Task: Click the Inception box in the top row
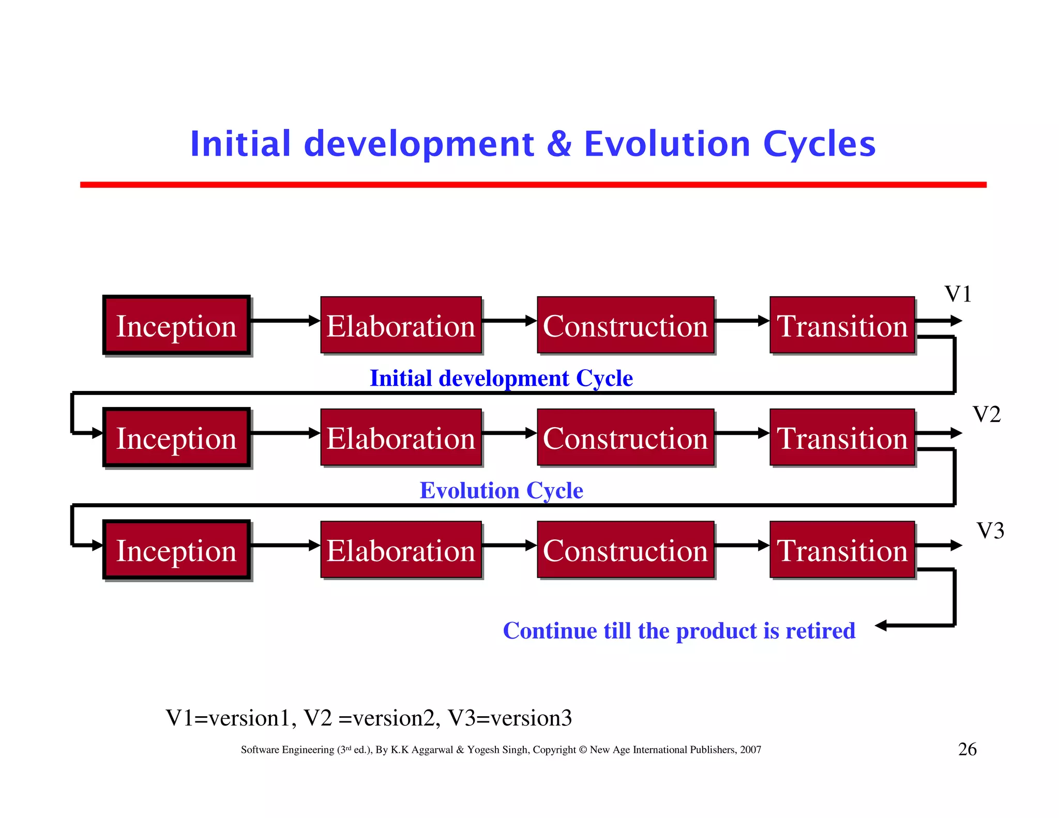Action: (x=176, y=326)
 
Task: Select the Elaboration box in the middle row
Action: (x=401, y=438)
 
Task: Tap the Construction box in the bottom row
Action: (x=625, y=550)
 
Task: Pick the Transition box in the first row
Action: (x=842, y=326)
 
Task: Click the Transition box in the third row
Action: (x=842, y=550)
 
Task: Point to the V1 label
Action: (x=958, y=294)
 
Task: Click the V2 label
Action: (x=986, y=414)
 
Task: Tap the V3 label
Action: (x=990, y=531)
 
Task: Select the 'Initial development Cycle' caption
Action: (x=501, y=378)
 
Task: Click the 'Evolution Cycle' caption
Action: (x=501, y=490)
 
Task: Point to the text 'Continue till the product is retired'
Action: (x=679, y=631)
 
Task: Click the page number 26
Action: (x=967, y=749)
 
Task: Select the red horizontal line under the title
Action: (x=533, y=185)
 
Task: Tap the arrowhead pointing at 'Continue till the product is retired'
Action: (x=881, y=626)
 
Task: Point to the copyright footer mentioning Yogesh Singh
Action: (x=501, y=750)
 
